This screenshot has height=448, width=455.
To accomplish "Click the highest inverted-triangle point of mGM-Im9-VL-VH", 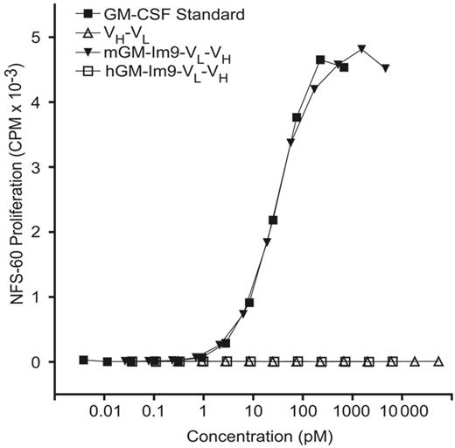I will coord(361,49).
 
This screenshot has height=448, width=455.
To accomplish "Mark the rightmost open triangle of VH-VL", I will coord(438,361).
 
